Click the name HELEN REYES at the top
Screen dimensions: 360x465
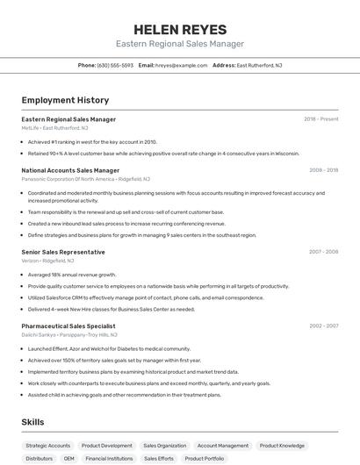[x=180, y=29]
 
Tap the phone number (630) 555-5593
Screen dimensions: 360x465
[x=115, y=65]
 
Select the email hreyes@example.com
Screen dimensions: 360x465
[x=175, y=65]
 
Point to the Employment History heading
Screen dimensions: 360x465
[x=65, y=100]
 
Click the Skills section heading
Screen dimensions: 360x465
[x=33, y=422]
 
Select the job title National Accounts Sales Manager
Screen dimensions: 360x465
[x=70, y=170]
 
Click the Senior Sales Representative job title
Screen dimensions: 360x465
[x=63, y=252]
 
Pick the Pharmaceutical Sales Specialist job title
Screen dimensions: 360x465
[x=68, y=325]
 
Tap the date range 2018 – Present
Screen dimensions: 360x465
[x=320, y=119]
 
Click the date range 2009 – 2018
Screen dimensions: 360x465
[x=323, y=170]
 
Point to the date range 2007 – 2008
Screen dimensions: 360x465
[x=323, y=252]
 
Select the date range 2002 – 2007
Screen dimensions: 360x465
[x=323, y=325]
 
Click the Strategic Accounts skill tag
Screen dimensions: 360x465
[x=48, y=446]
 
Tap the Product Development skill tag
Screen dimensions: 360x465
[x=107, y=446]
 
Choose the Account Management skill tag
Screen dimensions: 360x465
[x=223, y=446]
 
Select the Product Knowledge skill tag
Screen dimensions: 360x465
[x=282, y=446]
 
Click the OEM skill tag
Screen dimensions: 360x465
[x=69, y=458]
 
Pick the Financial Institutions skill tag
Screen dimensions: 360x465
[x=109, y=458]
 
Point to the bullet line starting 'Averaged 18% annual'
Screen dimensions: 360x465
[x=72, y=275]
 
